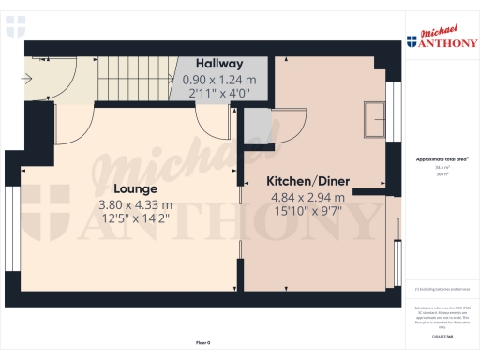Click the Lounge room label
point(135,187)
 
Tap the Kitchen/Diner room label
point(307,180)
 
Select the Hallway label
point(211,64)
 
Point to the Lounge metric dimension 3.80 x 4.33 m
point(135,204)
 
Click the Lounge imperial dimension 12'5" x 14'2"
point(135,220)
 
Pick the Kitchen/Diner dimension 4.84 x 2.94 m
point(307,197)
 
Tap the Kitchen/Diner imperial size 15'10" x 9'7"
point(307,212)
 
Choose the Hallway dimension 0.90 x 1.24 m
point(211,80)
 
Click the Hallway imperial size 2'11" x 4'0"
point(211,94)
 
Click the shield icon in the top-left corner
point(14,29)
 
